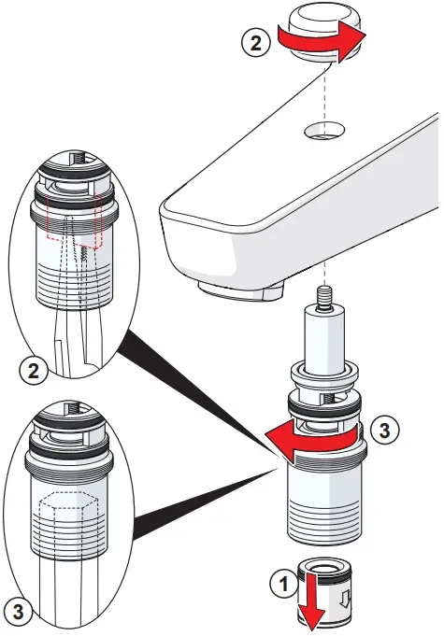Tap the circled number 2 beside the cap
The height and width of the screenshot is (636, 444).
[256, 43]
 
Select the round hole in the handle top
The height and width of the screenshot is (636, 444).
[324, 130]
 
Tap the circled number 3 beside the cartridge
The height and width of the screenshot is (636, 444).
[384, 430]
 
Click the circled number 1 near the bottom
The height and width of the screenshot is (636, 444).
[284, 585]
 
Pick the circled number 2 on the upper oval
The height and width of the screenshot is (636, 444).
[34, 371]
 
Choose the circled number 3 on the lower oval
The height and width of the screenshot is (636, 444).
[19, 612]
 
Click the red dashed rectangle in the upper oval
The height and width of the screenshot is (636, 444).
[74, 221]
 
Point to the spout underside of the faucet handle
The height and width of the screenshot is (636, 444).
[240, 291]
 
